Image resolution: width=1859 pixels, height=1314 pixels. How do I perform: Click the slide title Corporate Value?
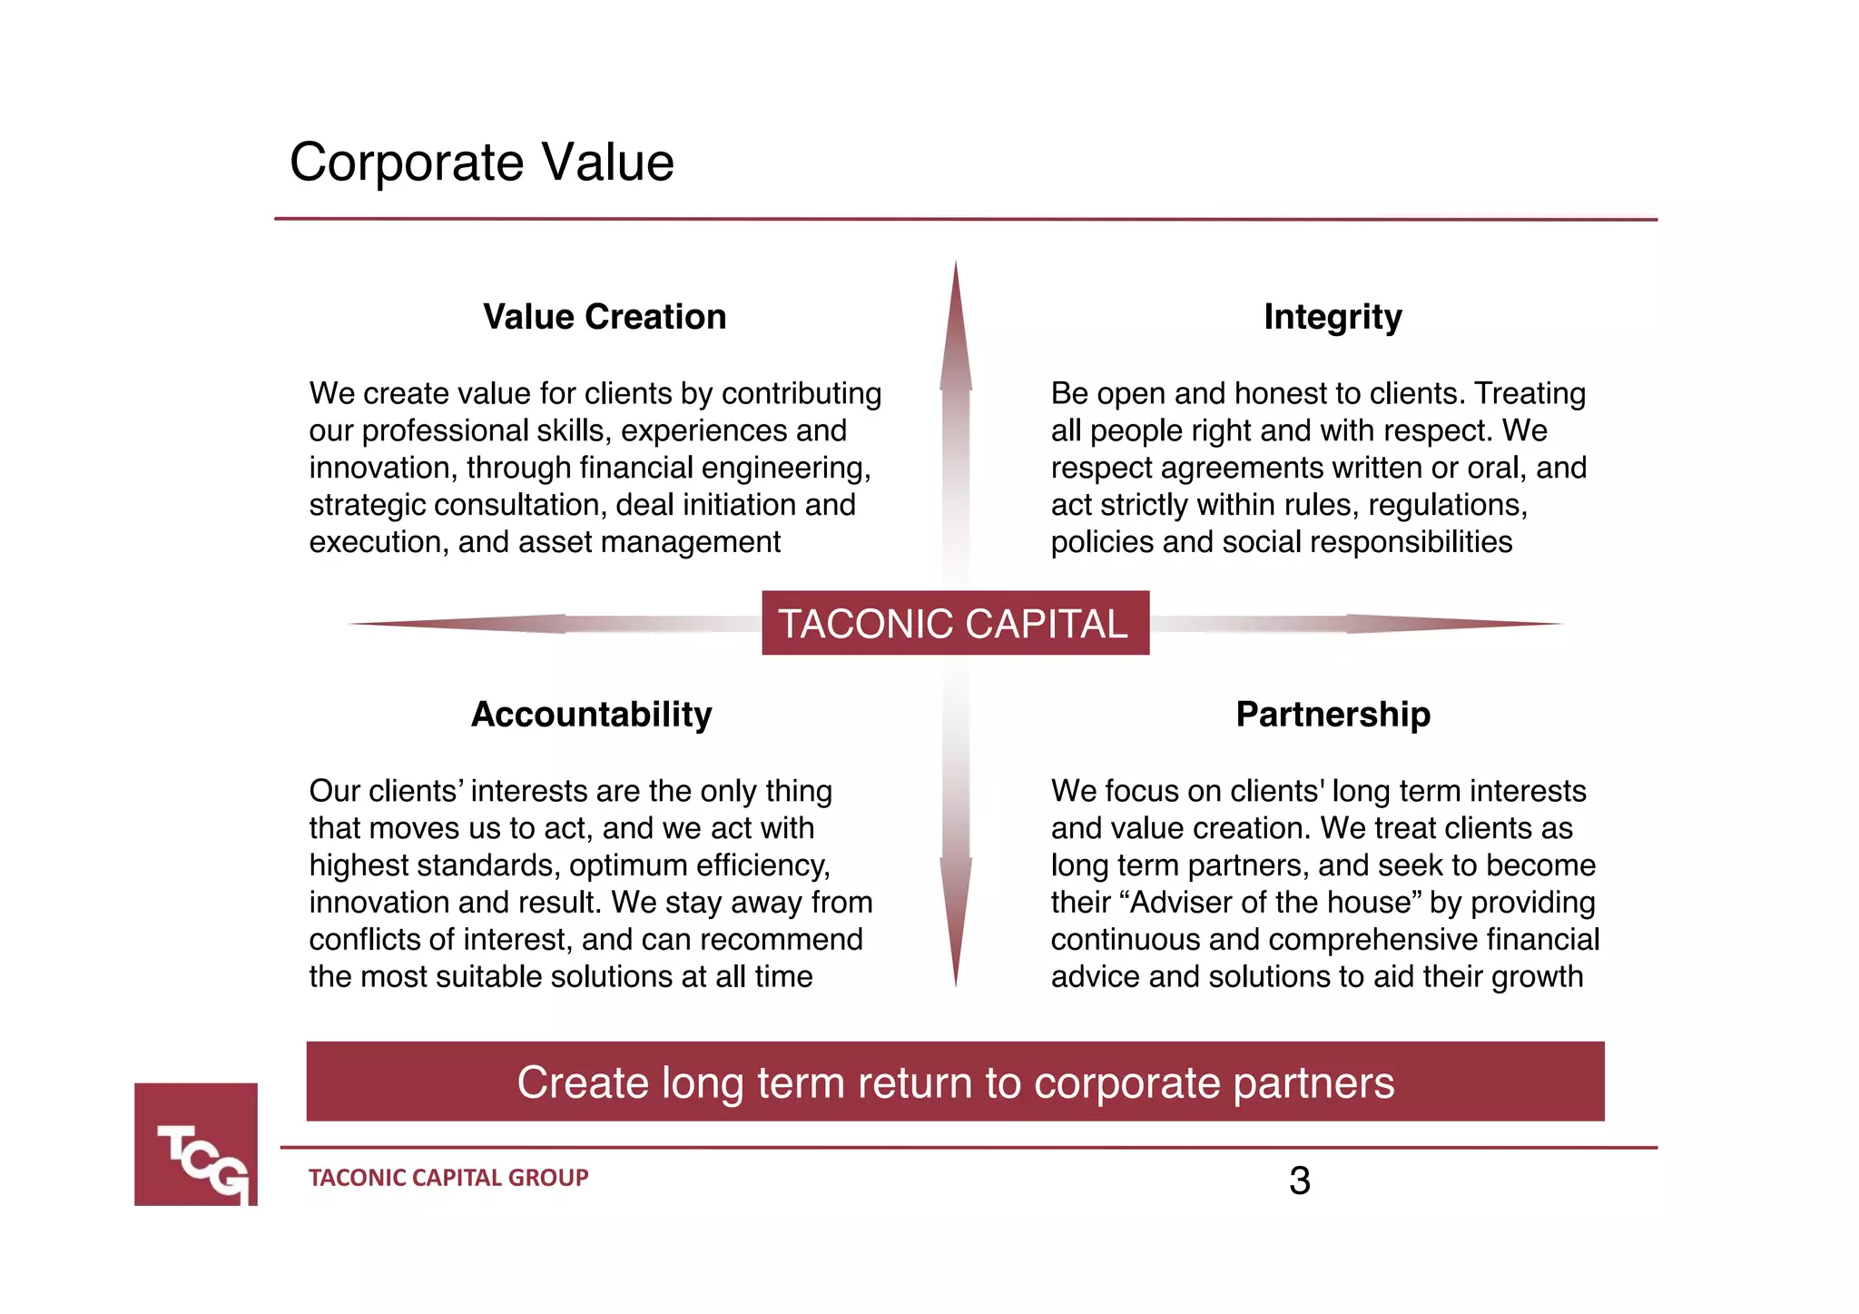[481, 163]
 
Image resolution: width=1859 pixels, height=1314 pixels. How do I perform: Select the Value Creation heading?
[605, 317]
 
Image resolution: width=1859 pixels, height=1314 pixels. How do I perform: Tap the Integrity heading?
[1333, 317]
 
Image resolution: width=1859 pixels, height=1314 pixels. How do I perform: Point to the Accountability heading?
[592, 715]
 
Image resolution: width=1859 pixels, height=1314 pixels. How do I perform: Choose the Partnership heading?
[1333, 715]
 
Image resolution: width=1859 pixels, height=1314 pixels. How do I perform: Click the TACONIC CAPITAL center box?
[955, 623]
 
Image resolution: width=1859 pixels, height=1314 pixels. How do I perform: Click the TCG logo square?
[196, 1144]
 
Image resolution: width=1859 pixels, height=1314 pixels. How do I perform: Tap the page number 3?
[1299, 1181]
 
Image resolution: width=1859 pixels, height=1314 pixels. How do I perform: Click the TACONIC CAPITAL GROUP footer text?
[448, 1178]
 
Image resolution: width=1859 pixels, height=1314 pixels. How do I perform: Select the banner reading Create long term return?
[955, 1082]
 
